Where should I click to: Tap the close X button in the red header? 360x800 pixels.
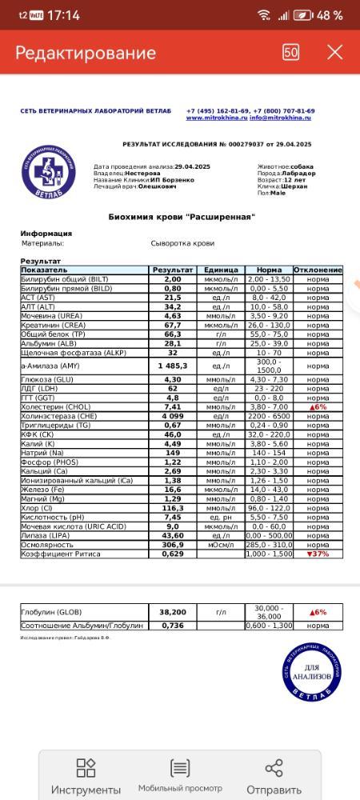tap(335, 53)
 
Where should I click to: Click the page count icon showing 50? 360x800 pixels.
tap(291, 53)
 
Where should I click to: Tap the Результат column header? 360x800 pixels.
tap(173, 270)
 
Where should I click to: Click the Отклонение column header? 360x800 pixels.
tap(318, 270)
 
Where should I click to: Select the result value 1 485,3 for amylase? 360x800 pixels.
tap(173, 366)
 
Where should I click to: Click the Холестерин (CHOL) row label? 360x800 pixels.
tap(56, 407)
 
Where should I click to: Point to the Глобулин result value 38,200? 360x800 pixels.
tap(173, 612)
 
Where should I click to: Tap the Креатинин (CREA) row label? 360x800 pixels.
tap(54, 326)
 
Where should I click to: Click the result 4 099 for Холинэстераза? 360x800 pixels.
tap(173, 416)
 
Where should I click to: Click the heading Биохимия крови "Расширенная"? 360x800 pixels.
tap(182, 217)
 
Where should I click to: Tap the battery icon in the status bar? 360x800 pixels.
tap(303, 15)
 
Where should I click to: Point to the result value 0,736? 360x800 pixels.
tap(173, 626)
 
